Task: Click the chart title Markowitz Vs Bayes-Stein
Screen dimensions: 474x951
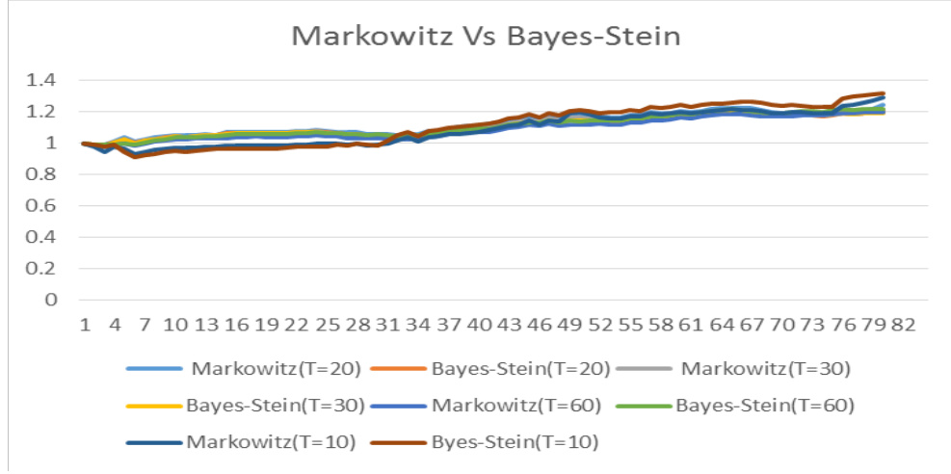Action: [487, 37]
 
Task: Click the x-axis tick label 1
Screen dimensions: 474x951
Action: [85, 325]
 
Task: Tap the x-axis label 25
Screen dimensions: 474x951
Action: [328, 325]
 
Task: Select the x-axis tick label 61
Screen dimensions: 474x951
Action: [689, 325]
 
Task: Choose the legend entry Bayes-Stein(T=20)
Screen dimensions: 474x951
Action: [496, 367]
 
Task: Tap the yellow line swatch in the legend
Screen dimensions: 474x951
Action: [153, 406]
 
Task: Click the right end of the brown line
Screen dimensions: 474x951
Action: [883, 93]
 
